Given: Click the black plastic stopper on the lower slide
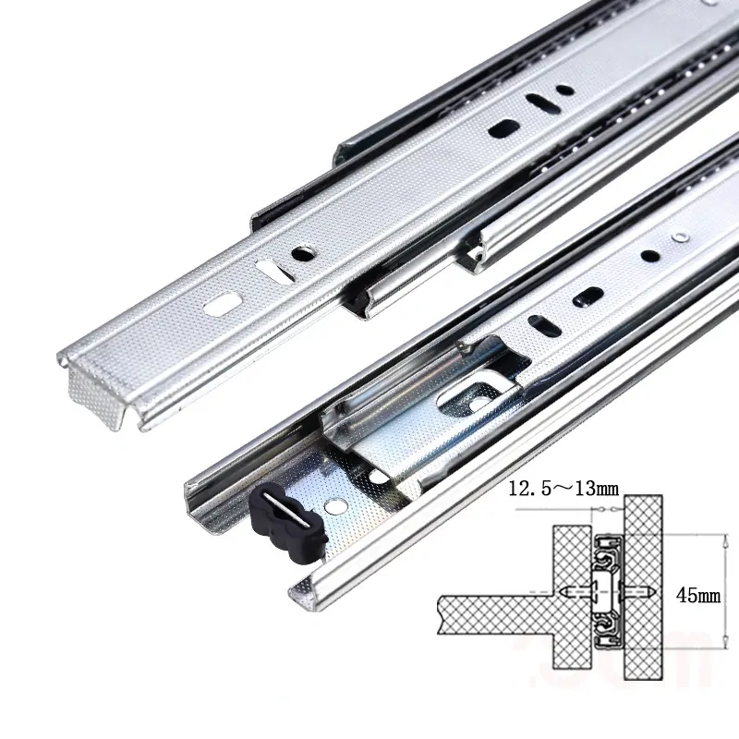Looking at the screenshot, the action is (288, 522).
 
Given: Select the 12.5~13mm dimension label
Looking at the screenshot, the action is (563, 489).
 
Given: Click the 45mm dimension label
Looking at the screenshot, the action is (698, 596).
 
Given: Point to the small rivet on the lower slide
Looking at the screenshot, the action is (679, 236).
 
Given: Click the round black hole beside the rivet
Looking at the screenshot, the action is (649, 256).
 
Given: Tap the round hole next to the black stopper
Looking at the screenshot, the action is (335, 507).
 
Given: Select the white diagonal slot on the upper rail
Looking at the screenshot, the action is (273, 271).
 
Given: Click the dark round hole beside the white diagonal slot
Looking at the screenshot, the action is (303, 254).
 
